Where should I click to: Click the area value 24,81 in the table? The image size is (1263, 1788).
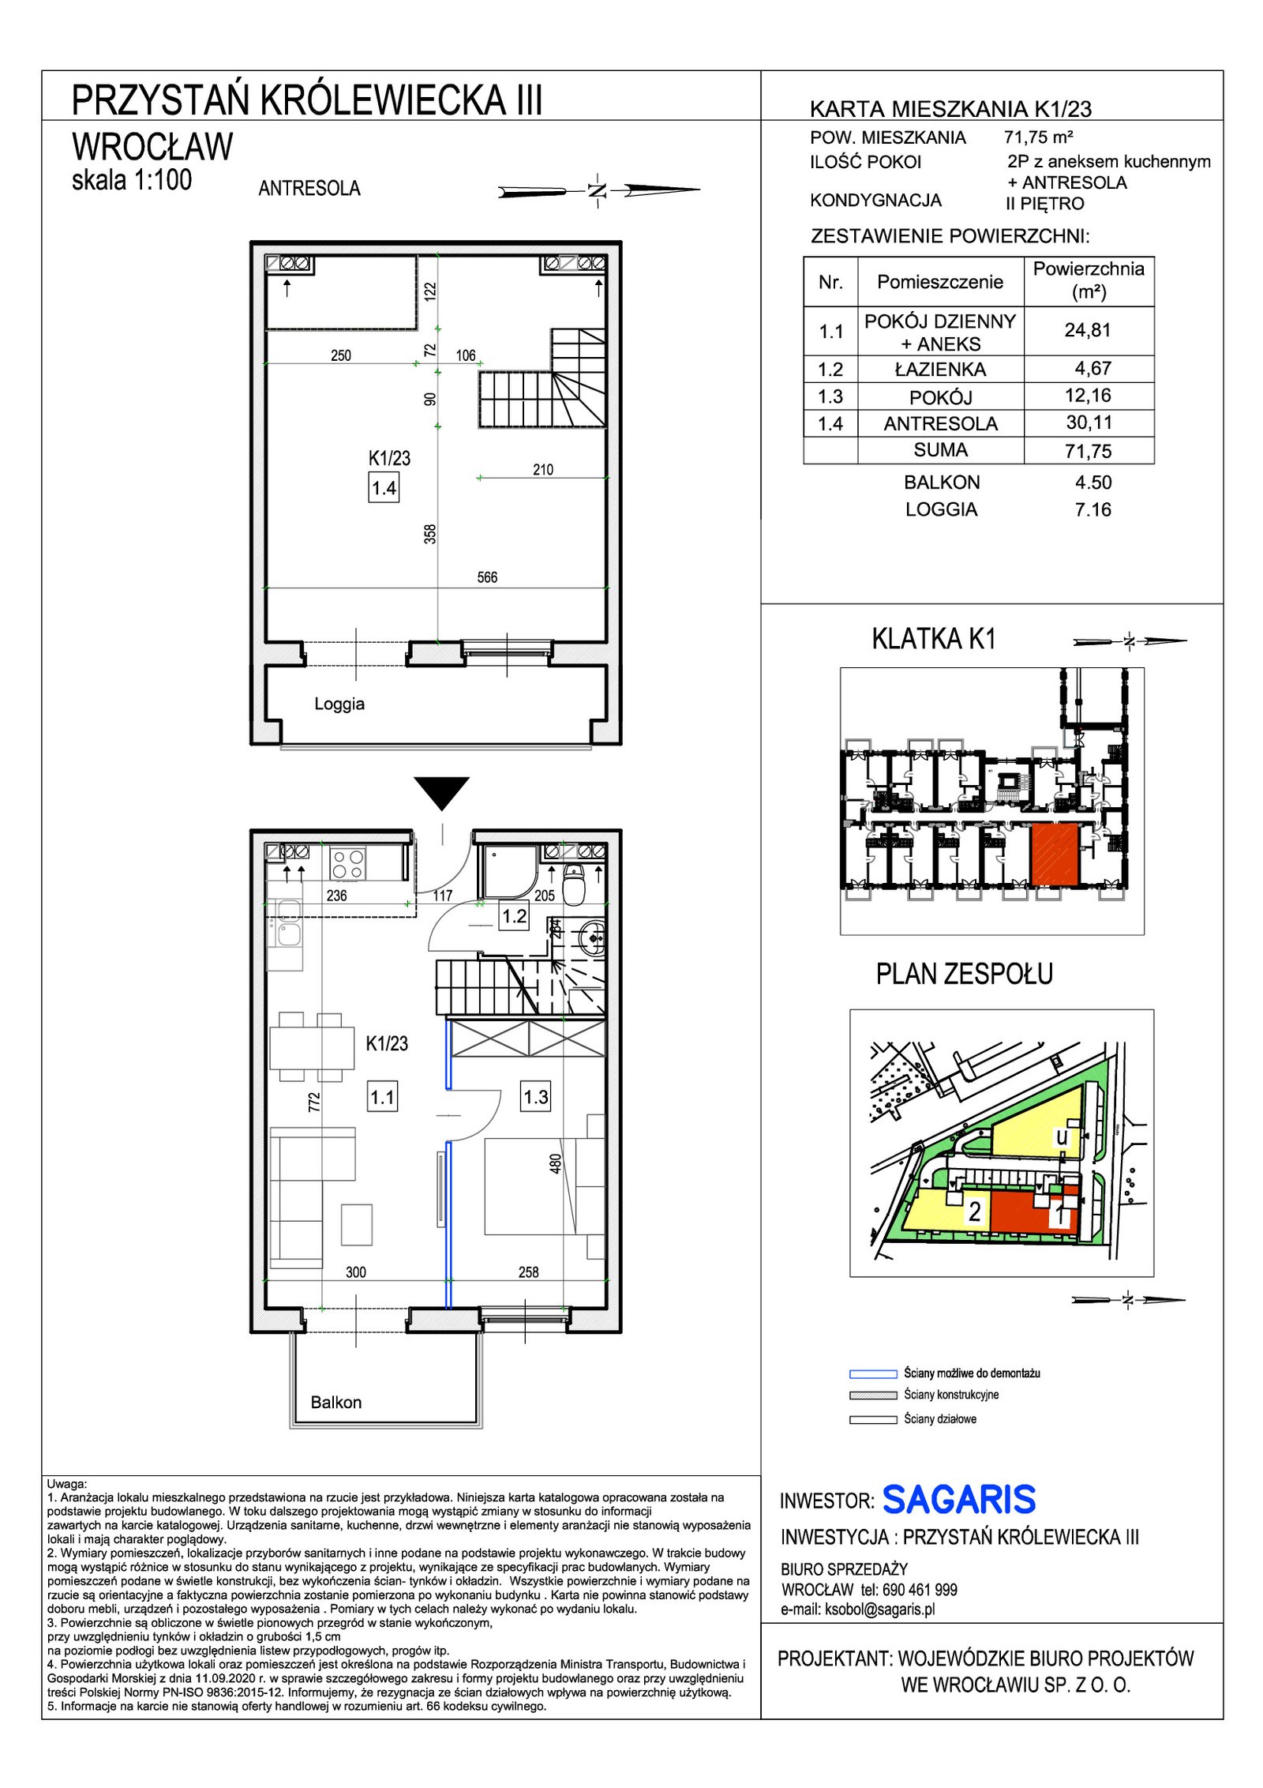pyautogui.click(x=1087, y=330)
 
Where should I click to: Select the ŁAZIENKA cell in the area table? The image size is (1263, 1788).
pyautogui.click(x=940, y=369)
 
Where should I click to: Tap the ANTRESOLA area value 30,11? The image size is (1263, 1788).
pyautogui.click(x=1089, y=423)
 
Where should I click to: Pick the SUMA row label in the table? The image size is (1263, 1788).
pyautogui.click(x=940, y=450)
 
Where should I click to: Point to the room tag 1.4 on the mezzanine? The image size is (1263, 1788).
pyautogui.click(x=384, y=488)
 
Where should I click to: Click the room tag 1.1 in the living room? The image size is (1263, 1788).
pyautogui.click(x=382, y=1097)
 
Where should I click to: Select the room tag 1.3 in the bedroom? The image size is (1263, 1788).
pyautogui.click(x=535, y=1097)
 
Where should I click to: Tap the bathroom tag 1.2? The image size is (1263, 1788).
pyautogui.click(x=514, y=917)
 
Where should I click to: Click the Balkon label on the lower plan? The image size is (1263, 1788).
pyautogui.click(x=336, y=1403)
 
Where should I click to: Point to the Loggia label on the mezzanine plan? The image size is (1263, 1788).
pyautogui.click(x=339, y=704)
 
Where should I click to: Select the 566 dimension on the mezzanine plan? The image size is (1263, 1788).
pyautogui.click(x=487, y=577)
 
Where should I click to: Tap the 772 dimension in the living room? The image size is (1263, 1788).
pyautogui.click(x=314, y=1102)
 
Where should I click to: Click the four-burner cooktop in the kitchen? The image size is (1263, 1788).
pyautogui.click(x=348, y=862)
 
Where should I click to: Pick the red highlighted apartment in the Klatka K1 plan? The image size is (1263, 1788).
pyautogui.click(x=1055, y=854)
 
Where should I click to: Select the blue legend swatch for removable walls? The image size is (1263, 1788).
pyautogui.click(x=873, y=1373)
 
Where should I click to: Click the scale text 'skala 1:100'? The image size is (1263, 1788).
pyautogui.click(x=132, y=180)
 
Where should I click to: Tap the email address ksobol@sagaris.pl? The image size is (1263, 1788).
pyautogui.click(x=880, y=1610)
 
